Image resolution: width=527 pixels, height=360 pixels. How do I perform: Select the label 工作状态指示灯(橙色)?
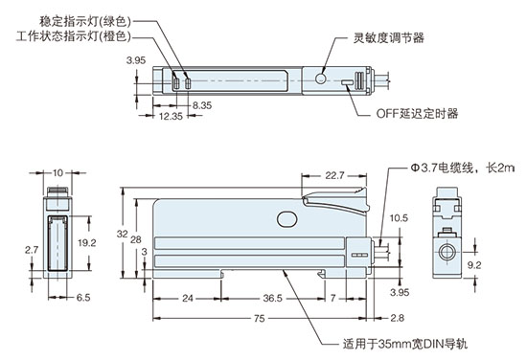pyautogui.click(x=73, y=36)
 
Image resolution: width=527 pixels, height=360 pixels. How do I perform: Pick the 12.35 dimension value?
pyautogui.click(x=170, y=117)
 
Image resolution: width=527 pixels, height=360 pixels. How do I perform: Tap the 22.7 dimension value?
pyautogui.click(x=335, y=176)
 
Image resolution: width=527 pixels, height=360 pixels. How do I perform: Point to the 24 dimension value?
pyautogui.click(x=188, y=299)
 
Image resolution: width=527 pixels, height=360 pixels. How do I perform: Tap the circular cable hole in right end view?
pyautogui.click(x=447, y=254)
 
